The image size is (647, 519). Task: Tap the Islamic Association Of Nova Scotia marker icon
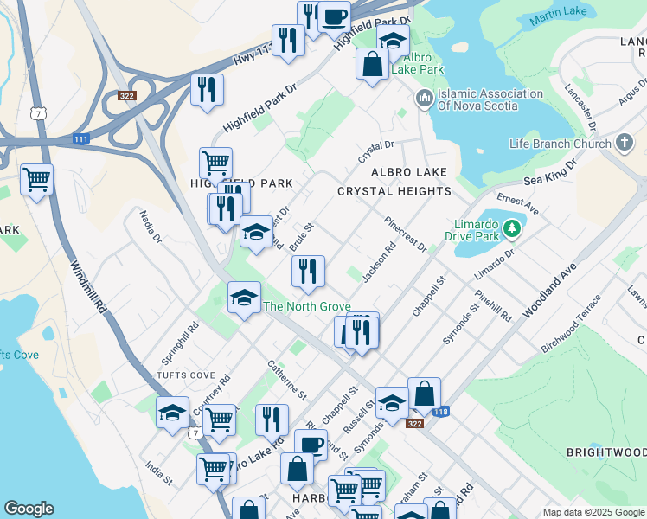click(424, 99)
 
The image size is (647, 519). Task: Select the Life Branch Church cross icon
click(625, 144)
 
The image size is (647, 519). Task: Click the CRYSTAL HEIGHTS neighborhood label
click(394, 191)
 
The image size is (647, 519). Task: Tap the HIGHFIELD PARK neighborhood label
click(241, 183)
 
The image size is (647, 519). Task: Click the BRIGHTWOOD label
click(605, 452)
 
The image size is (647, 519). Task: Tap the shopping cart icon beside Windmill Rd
click(36, 180)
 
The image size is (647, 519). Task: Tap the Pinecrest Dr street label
click(406, 234)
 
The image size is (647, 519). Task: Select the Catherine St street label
click(287, 380)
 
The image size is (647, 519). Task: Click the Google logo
click(29, 509)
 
